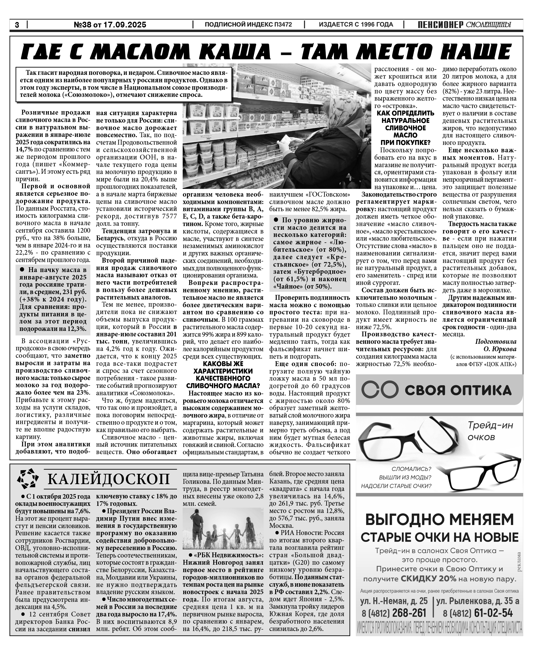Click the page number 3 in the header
[17, 25]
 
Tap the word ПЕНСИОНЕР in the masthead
[440, 25]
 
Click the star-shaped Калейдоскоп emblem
[28, 479]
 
